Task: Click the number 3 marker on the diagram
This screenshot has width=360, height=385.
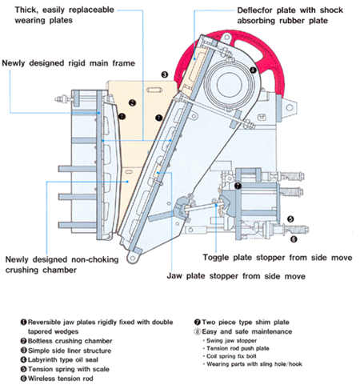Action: click(165, 74)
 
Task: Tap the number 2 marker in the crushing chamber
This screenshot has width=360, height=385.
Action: click(132, 102)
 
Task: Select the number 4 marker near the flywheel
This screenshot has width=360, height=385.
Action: click(253, 70)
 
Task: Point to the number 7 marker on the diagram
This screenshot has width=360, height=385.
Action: click(238, 186)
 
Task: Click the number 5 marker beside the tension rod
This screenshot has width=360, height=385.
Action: click(290, 219)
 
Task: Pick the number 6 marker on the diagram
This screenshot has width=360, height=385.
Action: click(294, 239)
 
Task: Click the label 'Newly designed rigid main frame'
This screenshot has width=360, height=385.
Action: click(69, 63)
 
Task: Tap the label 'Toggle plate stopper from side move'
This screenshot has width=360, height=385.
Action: click(278, 258)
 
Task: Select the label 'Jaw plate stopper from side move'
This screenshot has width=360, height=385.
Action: click(236, 276)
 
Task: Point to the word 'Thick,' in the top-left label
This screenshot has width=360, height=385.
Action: click(26, 10)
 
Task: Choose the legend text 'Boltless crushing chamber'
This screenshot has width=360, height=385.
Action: click(70, 341)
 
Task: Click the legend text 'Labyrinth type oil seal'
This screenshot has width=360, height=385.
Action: click(63, 360)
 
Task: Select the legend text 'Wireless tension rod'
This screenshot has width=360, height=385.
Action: click(61, 379)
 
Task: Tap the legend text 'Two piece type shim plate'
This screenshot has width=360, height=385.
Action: click(246, 323)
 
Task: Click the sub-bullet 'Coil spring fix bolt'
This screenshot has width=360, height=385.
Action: click(231, 356)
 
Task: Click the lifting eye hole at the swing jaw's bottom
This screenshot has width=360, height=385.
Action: click(132, 258)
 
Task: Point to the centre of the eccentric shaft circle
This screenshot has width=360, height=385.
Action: click(230, 84)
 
